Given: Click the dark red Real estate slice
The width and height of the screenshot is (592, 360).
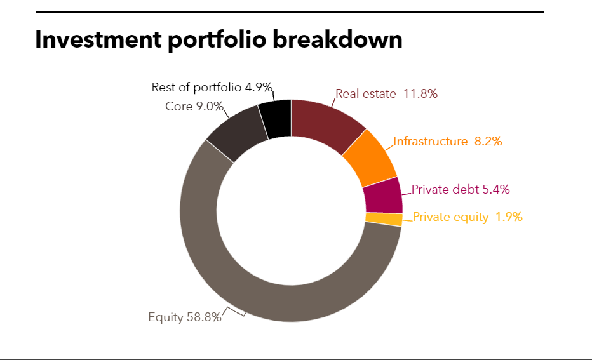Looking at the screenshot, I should (326, 124).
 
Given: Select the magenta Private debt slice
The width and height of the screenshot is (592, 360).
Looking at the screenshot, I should (384, 195).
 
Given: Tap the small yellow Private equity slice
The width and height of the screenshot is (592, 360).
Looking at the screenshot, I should (384, 220).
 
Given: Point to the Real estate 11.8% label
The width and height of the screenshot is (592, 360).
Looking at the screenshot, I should (386, 94).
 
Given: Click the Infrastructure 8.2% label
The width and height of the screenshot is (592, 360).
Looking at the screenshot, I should (447, 141).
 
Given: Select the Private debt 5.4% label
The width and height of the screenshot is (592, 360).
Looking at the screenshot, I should (461, 189).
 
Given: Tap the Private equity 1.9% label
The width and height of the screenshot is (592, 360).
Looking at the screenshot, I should (467, 217).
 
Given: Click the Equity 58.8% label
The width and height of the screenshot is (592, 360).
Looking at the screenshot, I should (184, 317).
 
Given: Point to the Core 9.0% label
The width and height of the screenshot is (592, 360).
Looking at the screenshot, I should (194, 106).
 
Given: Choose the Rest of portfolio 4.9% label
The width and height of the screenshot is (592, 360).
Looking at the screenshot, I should (212, 87).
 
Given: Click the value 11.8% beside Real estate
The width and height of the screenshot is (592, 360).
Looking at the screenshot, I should (420, 94).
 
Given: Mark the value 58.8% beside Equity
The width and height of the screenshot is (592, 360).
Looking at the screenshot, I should (204, 317).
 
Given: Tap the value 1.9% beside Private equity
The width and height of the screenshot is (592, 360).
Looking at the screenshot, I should (509, 217).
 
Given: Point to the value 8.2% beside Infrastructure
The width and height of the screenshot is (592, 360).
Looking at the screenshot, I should (488, 141).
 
